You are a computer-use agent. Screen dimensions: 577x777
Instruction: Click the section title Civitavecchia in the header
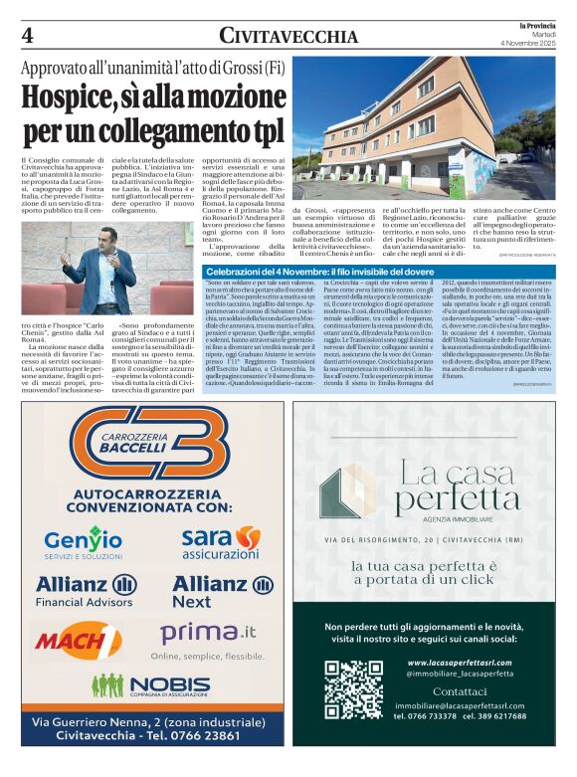[288, 37]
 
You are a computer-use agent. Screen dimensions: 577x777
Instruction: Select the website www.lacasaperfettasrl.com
[466, 662]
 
